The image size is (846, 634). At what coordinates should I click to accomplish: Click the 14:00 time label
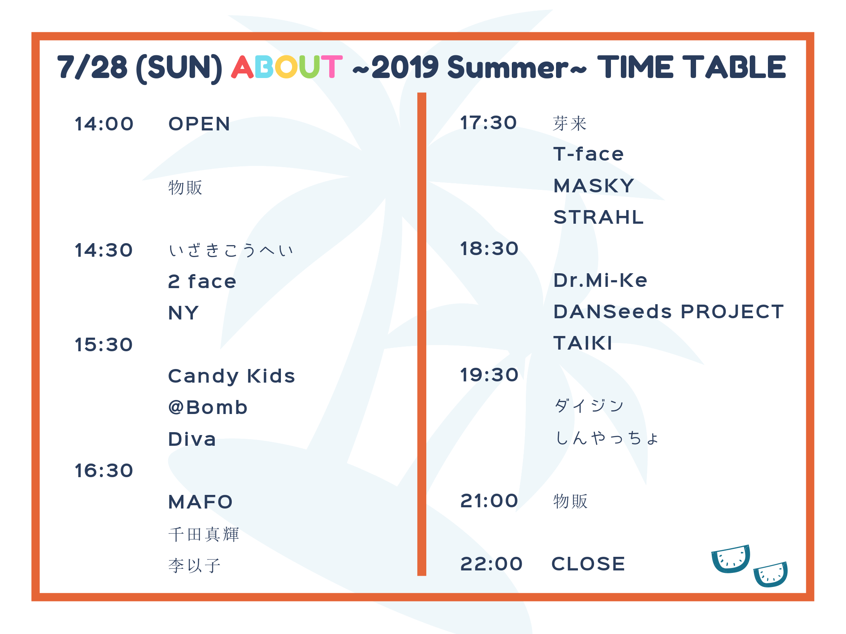point(104,124)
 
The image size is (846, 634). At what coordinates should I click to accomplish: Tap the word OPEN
point(199,124)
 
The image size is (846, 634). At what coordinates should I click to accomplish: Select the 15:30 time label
point(104,345)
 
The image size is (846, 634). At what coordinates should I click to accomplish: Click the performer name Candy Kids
point(232,376)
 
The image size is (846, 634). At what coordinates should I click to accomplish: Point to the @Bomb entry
point(208,407)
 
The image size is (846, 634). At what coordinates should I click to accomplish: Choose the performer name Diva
point(192,439)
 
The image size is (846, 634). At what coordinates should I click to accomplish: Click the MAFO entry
point(201,502)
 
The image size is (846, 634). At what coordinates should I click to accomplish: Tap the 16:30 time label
point(104,471)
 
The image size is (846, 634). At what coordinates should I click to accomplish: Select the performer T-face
point(589,154)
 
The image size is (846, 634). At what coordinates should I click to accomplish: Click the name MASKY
point(594,186)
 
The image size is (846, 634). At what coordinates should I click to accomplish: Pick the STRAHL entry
point(599,217)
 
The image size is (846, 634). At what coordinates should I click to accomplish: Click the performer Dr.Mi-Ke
point(600,280)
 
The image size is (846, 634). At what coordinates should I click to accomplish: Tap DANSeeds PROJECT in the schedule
point(669,312)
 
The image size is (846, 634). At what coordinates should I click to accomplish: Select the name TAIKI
point(583,343)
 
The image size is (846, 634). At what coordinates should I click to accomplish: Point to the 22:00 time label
point(492,564)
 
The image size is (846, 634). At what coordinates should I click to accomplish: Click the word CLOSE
point(588,564)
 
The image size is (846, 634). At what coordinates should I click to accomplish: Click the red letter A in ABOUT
point(242,67)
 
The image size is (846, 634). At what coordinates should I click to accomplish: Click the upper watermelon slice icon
point(731,559)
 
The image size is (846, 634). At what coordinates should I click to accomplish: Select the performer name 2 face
point(202,282)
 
